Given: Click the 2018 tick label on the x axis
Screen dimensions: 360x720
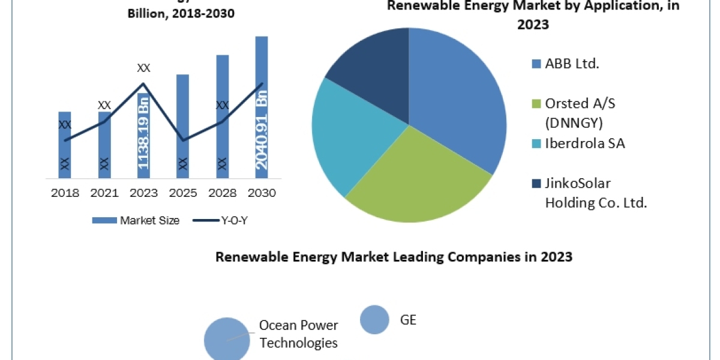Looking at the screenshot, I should pos(64,193).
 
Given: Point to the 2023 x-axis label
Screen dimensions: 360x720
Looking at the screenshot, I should pos(143,193).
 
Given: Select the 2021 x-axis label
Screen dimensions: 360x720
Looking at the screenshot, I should pos(104,193).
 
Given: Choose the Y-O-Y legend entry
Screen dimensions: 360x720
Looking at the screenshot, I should pos(221,220).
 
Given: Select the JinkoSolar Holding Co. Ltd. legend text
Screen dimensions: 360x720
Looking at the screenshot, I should pos(594,193).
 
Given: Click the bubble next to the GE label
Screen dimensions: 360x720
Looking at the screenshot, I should pos(375,320).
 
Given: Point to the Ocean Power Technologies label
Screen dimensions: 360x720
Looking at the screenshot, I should pos(298,334).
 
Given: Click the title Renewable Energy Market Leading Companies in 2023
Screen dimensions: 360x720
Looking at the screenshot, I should pos(394,257).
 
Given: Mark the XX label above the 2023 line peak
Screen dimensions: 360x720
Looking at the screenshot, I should pos(143,68).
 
